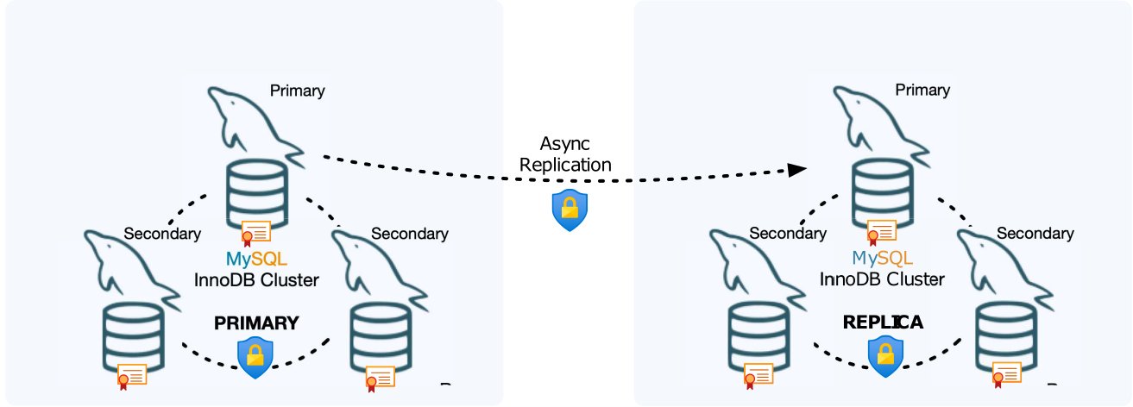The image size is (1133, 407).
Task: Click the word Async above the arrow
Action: point(565,142)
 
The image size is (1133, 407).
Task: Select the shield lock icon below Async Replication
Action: point(570,210)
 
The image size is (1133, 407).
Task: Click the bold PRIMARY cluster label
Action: point(255,323)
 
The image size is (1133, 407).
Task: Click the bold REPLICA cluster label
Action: point(883,322)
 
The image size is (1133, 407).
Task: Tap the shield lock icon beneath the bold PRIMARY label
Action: point(255,357)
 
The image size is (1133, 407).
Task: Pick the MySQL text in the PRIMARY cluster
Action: point(256,258)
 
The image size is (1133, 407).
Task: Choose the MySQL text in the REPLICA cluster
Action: point(882,258)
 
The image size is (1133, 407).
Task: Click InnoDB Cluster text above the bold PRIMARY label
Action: point(256,279)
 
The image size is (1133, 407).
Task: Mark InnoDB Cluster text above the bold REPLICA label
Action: point(882,279)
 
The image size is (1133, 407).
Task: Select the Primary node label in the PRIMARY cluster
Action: point(297,90)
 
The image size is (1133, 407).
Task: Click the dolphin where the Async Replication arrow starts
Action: point(250,121)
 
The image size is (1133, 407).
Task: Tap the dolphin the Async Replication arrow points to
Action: point(876,121)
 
